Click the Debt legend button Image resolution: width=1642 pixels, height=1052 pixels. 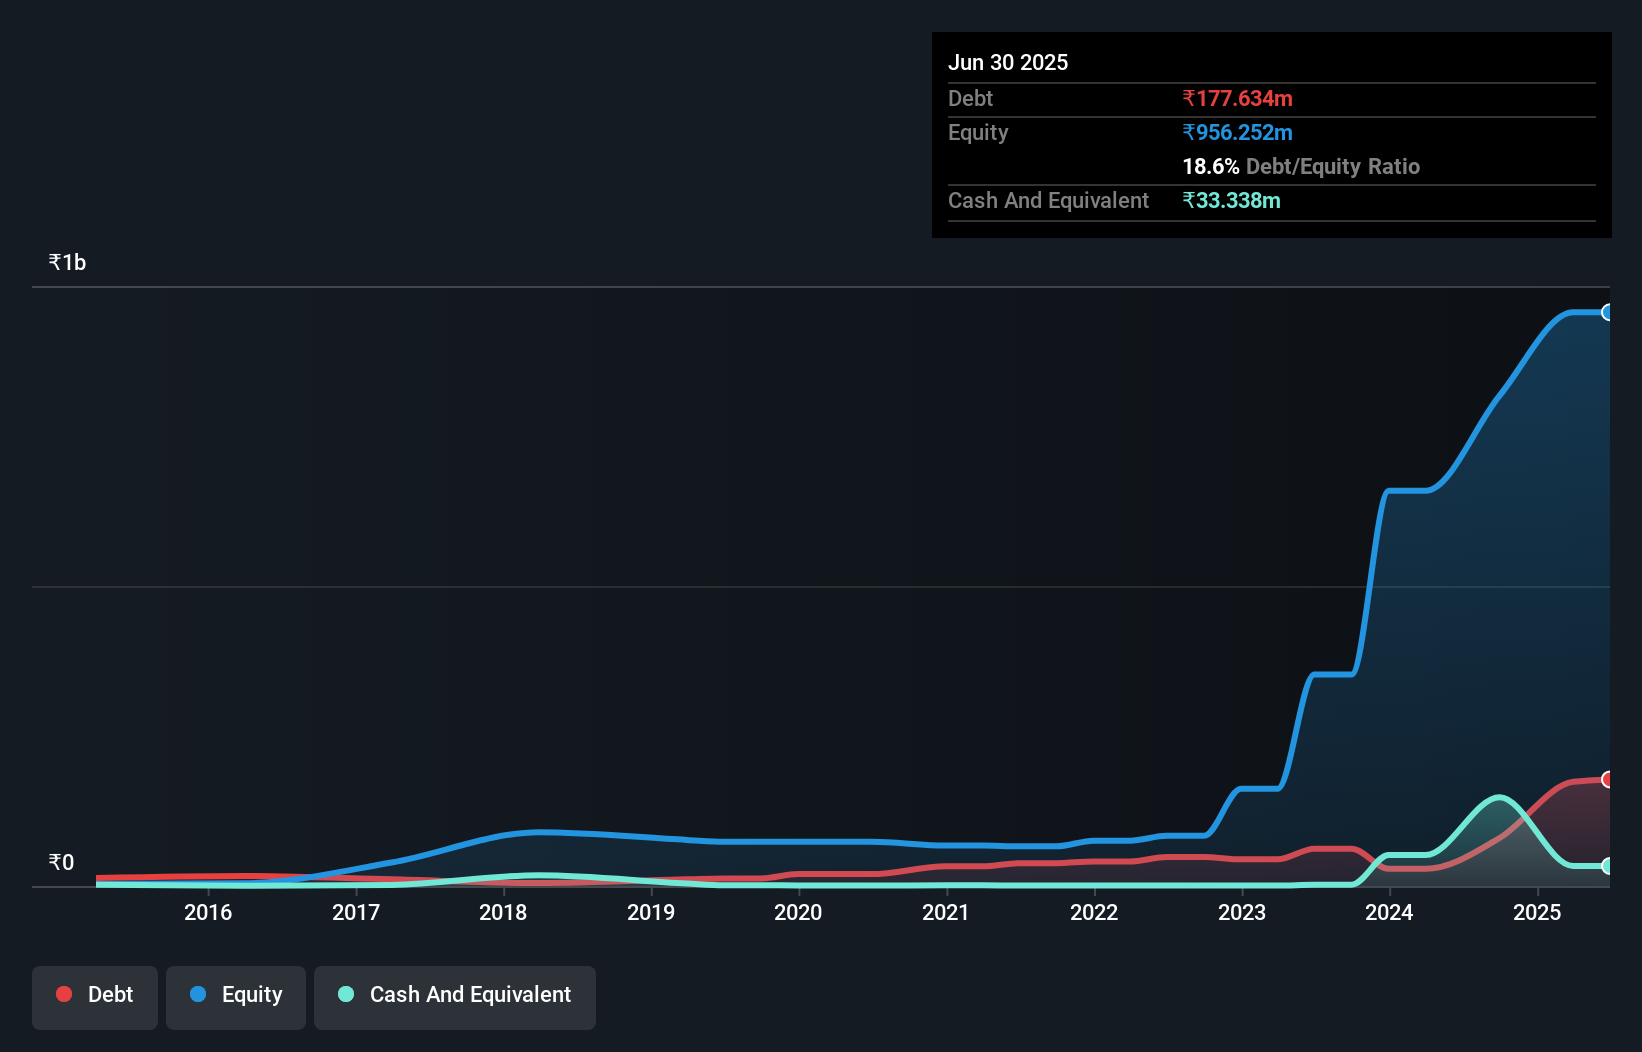pyautogui.click(x=95, y=996)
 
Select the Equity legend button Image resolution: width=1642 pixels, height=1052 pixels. pyautogui.click(x=236, y=996)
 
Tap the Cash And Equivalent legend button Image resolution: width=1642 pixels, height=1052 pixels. pyautogui.click(x=455, y=996)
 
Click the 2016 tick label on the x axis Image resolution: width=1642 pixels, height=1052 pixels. pyautogui.click(x=208, y=912)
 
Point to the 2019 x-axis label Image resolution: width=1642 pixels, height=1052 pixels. pyautogui.click(x=651, y=912)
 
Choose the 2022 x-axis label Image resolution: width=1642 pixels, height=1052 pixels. pyautogui.click(x=1094, y=912)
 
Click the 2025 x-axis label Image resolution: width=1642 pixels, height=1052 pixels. pyautogui.click(x=1537, y=912)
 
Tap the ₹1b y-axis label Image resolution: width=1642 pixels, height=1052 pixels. pyautogui.click(x=67, y=262)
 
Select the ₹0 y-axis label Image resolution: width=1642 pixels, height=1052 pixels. pyautogui.click(x=61, y=862)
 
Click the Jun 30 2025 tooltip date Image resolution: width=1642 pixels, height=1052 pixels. pyautogui.click(x=1008, y=62)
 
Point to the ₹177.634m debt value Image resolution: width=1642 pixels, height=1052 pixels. pyautogui.click(x=1237, y=98)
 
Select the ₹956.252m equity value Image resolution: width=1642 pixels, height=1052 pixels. pyautogui.click(x=1237, y=132)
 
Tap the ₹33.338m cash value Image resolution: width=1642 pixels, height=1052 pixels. pyautogui.click(x=1231, y=200)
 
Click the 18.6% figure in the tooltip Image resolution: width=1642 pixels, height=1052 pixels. pyautogui.click(x=1210, y=166)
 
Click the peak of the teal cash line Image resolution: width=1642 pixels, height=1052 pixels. pyautogui.click(x=1498, y=797)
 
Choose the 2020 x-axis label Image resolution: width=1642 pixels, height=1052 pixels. pyautogui.click(x=798, y=912)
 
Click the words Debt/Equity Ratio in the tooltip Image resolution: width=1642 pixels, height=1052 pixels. pyautogui.click(x=1332, y=166)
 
